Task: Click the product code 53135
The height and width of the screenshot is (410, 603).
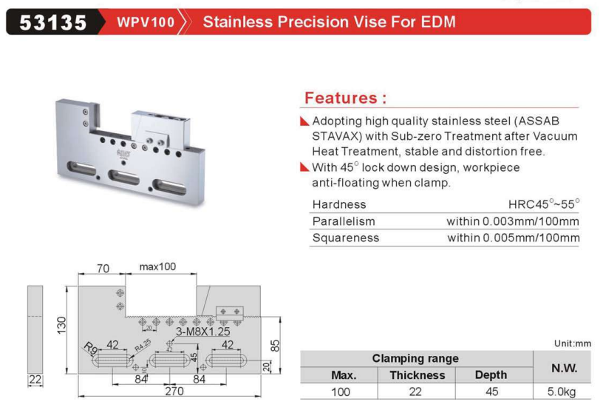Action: pyautogui.click(x=53, y=22)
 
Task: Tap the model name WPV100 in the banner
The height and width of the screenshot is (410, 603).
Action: pyautogui.click(x=146, y=22)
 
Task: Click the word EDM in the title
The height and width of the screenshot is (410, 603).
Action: pyautogui.click(x=438, y=21)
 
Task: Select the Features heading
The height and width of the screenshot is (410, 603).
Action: pyautogui.click(x=345, y=98)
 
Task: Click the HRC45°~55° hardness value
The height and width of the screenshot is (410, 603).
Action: pyautogui.click(x=544, y=204)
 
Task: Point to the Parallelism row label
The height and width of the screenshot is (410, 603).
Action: pyautogui.click(x=344, y=221)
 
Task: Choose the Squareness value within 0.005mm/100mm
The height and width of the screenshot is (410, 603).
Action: pyautogui.click(x=514, y=238)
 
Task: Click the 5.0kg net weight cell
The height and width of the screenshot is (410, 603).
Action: pyautogui.click(x=562, y=391)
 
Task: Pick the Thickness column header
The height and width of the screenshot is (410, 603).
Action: pyautogui.click(x=418, y=375)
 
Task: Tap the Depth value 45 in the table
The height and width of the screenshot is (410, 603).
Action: pyautogui.click(x=491, y=391)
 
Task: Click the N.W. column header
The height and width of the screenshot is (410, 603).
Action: pyautogui.click(x=564, y=368)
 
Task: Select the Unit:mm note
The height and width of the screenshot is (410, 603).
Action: pyautogui.click(x=573, y=343)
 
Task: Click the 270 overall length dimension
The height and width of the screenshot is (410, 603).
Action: pyautogui.click(x=174, y=391)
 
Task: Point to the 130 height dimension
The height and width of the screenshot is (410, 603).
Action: pyautogui.click(x=61, y=326)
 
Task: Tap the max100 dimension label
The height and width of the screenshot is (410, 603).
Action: pyautogui.click(x=157, y=266)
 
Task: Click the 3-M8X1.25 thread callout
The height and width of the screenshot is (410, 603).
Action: pyautogui.click(x=202, y=332)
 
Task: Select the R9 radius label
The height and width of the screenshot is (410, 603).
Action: pyautogui.click(x=91, y=349)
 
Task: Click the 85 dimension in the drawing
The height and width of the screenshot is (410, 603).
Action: pyautogui.click(x=275, y=346)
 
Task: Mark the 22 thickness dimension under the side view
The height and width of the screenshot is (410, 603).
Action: pyautogui.click(x=35, y=380)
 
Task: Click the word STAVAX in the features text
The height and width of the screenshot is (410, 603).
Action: pyautogui.click(x=336, y=136)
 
